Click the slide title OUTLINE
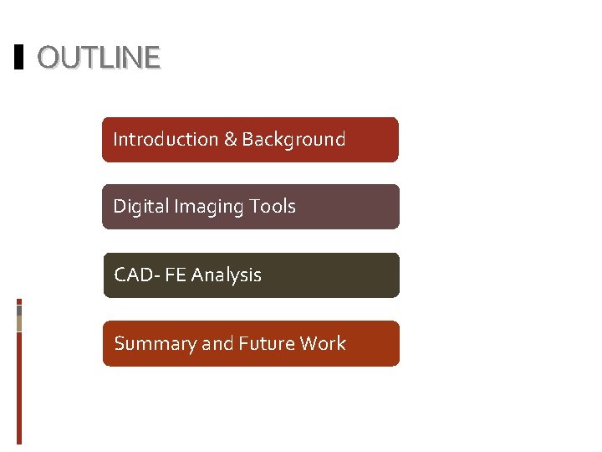(x=99, y=58)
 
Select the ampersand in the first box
(x=231, y=139)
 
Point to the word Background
(x=293, y=139)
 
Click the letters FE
(x=176, y=275)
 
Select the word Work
(x=324, y=343)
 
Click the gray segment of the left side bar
(x=19, y=310)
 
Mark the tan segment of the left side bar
(x=19, y=323)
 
